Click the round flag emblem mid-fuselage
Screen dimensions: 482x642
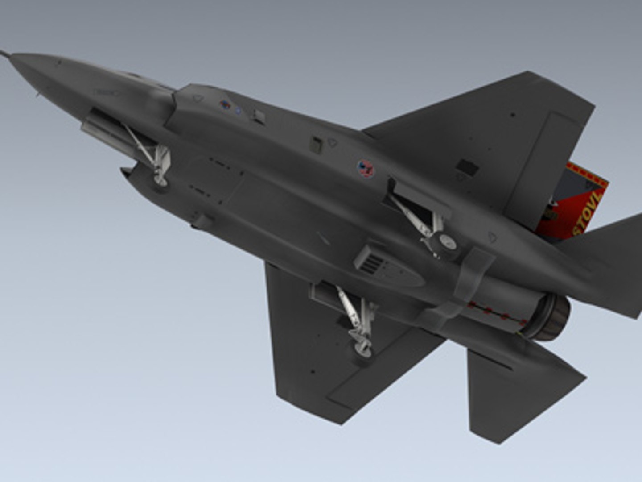click(365, 169)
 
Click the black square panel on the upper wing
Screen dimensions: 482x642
click(467, 167)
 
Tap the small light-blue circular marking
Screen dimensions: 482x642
click(239, 110)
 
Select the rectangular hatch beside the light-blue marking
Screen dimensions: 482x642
click(258, 116)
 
